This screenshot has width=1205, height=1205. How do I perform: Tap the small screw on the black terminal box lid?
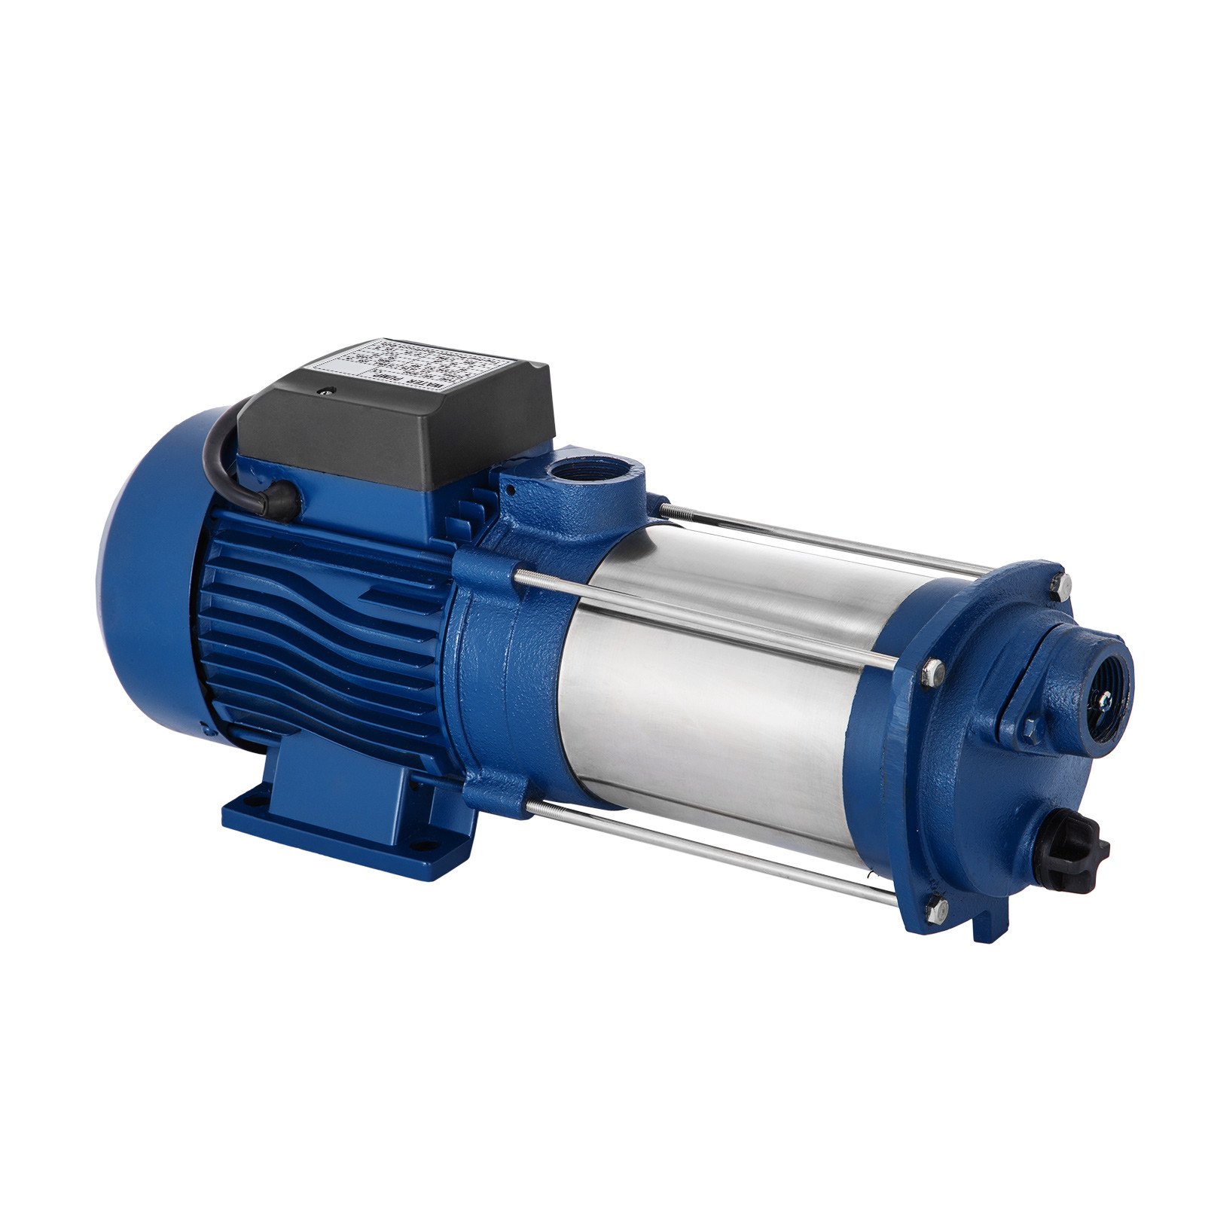326,390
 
